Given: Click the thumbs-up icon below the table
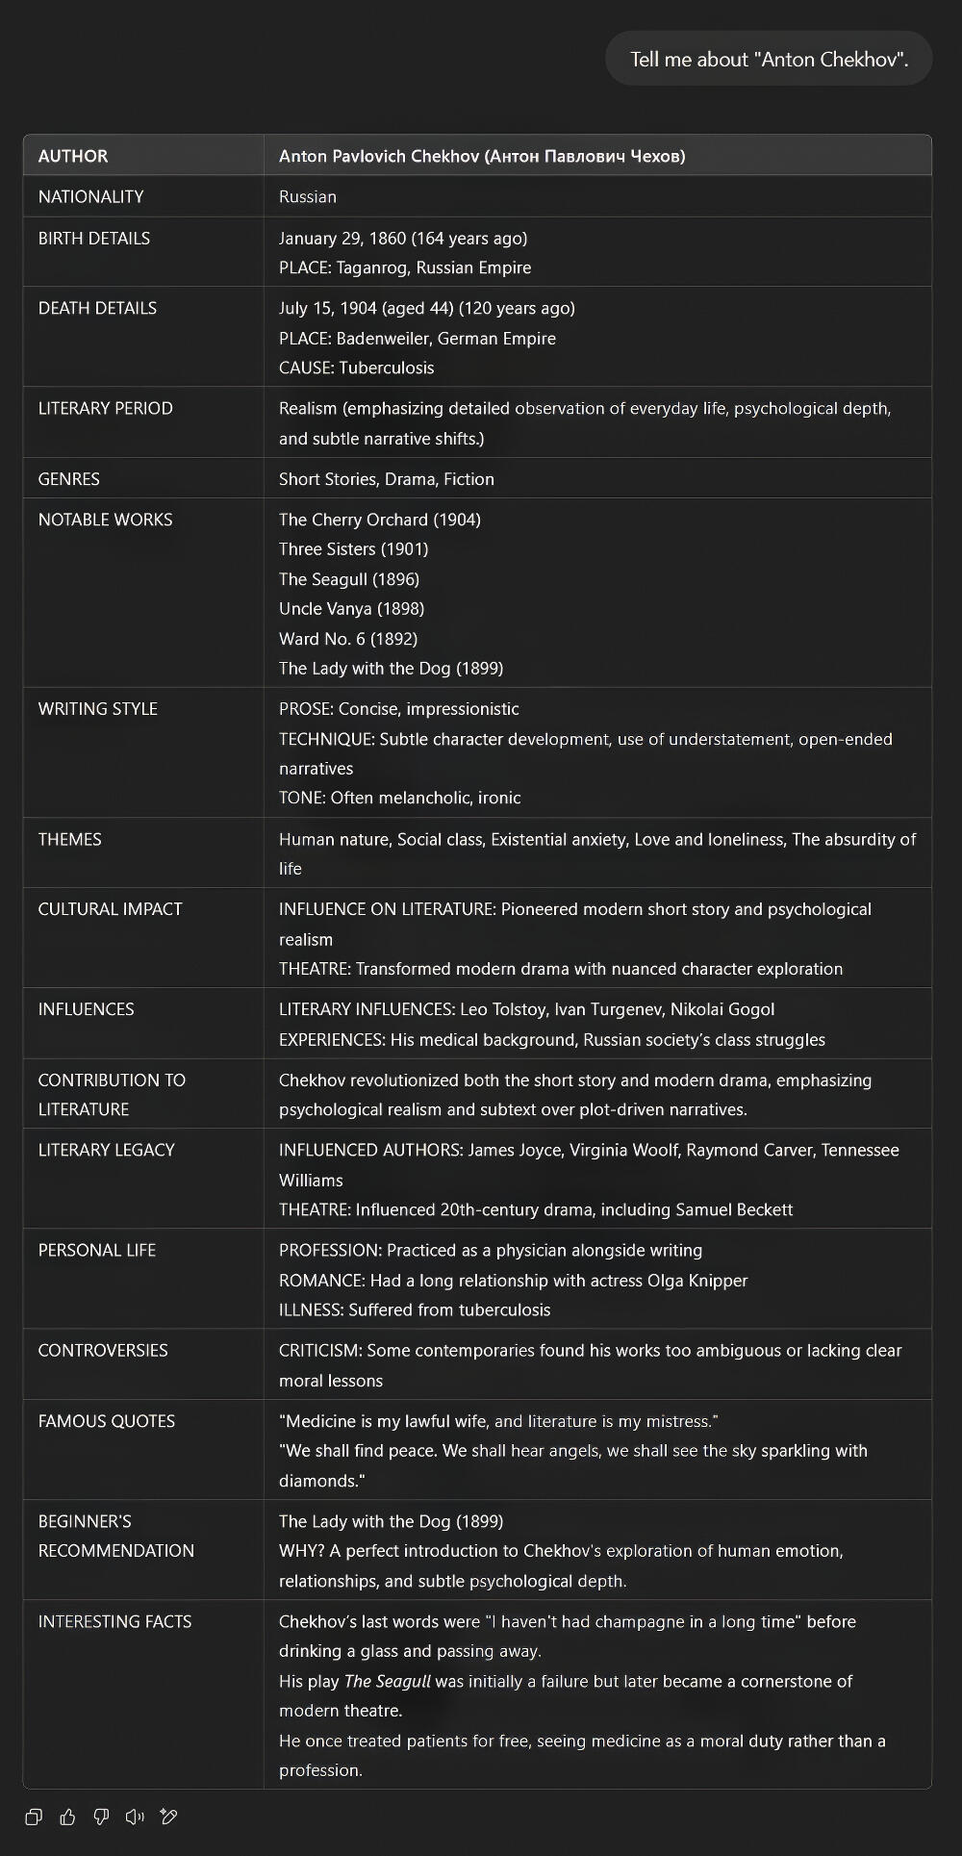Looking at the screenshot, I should (x=67, y=1817).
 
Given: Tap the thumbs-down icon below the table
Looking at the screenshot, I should (x=101, y=1817).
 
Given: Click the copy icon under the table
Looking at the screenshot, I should (x=34, y=1817).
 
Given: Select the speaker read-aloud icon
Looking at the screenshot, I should (x=135, y=1817).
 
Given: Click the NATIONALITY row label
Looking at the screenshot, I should (x=91, y=196).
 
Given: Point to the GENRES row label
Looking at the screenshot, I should (x=69, y=479).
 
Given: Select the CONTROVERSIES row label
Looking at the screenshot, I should (x=103, y=1350).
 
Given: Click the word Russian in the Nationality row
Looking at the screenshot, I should (x=308, y=196).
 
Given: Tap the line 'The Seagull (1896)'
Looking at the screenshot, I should (x=349, y=579).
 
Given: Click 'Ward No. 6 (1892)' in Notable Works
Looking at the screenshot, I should (x=348, y=639).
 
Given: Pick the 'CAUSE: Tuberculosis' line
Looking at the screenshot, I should (x=357, y=368).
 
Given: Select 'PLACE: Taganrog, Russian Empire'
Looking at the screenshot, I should (x=405, y=267).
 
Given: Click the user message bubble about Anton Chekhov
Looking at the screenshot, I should (x=769, y=59).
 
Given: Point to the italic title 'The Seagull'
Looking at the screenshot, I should (x=388, y=1681).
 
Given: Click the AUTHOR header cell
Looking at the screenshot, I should (x=73, y=156).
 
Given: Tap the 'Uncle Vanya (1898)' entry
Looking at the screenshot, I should (x=352, y=609).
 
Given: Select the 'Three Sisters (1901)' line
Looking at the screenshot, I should (x=354, y=549).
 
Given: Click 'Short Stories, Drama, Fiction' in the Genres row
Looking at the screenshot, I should (x=387, y=479).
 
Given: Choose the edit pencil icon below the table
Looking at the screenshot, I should (x=168, y=1817).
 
